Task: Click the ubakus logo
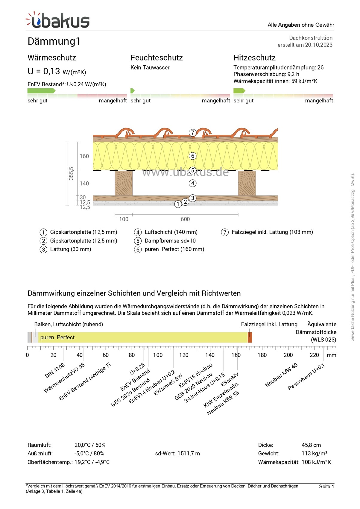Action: coord(58,20)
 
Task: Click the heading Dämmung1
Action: coord(54,41)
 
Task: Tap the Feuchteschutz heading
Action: coord(157,58)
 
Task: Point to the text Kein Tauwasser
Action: coord(150,68)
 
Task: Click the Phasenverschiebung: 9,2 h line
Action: coord(266,74)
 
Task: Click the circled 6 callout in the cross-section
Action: coord(193,156)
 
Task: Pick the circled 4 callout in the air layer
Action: coord(193,183)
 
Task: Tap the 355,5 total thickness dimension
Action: coord(71,174)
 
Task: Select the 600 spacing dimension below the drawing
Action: coord(185,219)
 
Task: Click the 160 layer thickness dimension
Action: coord(84,156)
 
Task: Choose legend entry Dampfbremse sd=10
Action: coord(170,241)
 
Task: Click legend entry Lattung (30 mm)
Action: coord(70,249)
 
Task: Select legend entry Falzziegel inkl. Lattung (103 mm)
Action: coord(272,232)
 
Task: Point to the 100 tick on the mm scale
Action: coord(158,355)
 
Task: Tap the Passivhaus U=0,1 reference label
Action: coord(306,377)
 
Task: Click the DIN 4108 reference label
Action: coord(54,371)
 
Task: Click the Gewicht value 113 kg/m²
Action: coord(314,454)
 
